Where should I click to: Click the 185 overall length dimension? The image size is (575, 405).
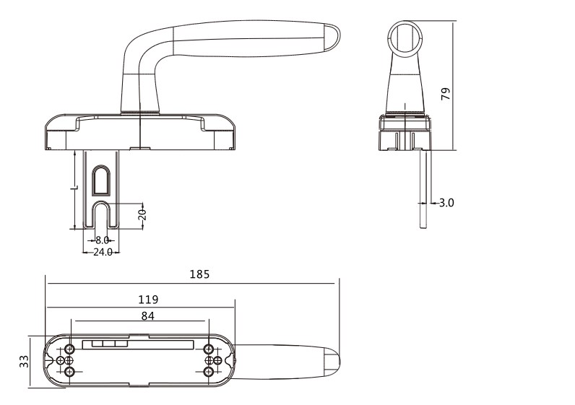pos(200,274)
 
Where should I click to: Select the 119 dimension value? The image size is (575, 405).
pos(148,299)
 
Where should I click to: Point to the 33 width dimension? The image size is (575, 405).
pos(23,360)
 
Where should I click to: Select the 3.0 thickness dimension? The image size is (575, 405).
pos(446,203)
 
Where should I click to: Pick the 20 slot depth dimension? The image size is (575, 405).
pos(142,214)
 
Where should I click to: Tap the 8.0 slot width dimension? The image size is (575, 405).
pos(102,240)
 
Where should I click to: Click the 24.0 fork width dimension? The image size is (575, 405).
pos(102,252)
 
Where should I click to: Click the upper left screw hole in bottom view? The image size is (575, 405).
pos(70,349)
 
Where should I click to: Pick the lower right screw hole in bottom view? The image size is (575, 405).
pos(209,372)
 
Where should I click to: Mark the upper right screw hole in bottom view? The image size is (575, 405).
pos(209,349)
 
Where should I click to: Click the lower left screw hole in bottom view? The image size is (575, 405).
pos(70,372)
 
